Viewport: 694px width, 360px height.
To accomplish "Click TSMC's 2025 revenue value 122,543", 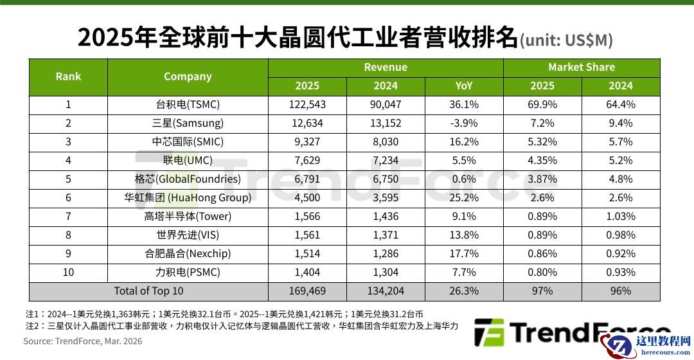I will pos(307,105).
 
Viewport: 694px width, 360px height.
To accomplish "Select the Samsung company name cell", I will pos(188,123).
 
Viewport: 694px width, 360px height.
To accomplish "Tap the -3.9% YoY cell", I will pos(463,123).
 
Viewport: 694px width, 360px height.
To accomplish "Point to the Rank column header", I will pos(68,76).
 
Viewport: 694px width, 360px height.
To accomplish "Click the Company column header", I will pos(188,76).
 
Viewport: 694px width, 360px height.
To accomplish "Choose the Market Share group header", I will pos(581,67).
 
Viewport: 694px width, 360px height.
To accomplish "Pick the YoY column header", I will pos(463,86).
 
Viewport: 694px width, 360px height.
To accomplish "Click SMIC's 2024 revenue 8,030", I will pos(385,142).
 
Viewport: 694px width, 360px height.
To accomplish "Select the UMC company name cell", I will pos(188,161).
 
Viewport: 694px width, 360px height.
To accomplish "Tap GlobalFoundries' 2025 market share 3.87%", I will pos(542,179).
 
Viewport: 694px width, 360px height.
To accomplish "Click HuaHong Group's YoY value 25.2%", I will pos(463,198).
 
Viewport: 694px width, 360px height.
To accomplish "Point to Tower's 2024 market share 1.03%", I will pos(620,217).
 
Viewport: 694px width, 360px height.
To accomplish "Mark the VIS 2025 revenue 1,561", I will pos(307,235).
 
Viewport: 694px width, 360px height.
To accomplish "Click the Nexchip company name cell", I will pos(188,254).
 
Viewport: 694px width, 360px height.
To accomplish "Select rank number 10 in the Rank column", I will pos(68,273).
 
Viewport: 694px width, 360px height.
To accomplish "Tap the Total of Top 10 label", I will pos(148,291).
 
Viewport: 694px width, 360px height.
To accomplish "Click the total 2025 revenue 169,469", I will pos(307,291).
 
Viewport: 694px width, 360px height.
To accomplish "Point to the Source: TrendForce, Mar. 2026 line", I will pos(83,341).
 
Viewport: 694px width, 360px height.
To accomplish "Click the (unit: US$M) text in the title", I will pos(566,40).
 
